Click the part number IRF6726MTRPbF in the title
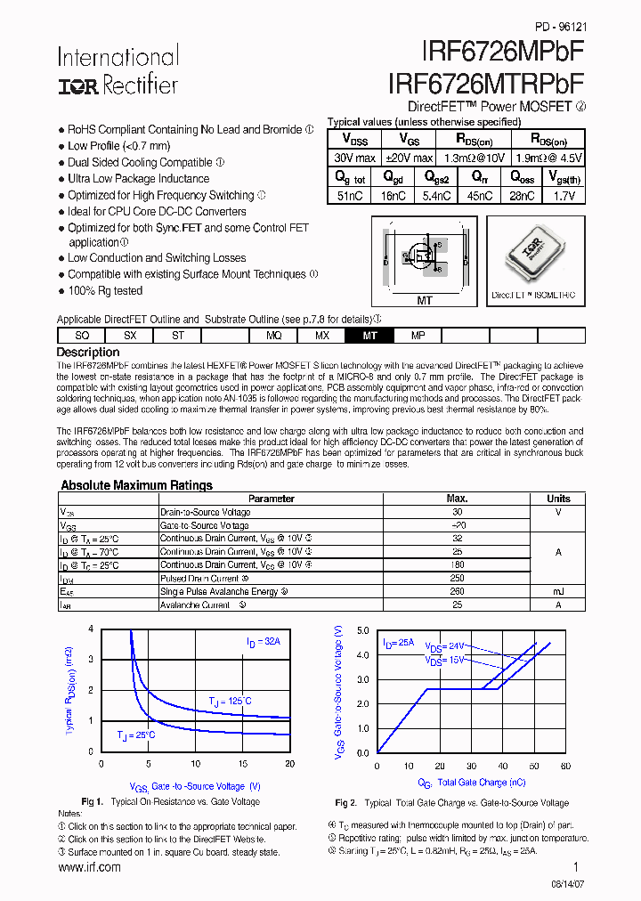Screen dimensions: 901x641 [486, 83]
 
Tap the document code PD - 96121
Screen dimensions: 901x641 [560, 28]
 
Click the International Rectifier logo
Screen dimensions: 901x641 [118, 71]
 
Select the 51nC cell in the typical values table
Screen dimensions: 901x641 [349, 196]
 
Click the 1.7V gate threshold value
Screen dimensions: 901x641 [564, 196]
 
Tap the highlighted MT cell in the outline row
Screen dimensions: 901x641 [370, 336]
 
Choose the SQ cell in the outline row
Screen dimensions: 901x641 [82, 336]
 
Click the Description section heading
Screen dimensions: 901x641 [88, 353]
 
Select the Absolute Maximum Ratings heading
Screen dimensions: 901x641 [136, 485]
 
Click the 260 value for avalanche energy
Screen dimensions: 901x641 [457, 591]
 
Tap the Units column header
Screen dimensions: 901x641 [558, 499]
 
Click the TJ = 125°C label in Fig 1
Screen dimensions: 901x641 [230, 702]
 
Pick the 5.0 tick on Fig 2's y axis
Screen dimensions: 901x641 [362, 630]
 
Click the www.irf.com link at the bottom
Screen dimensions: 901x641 [89, 867]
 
